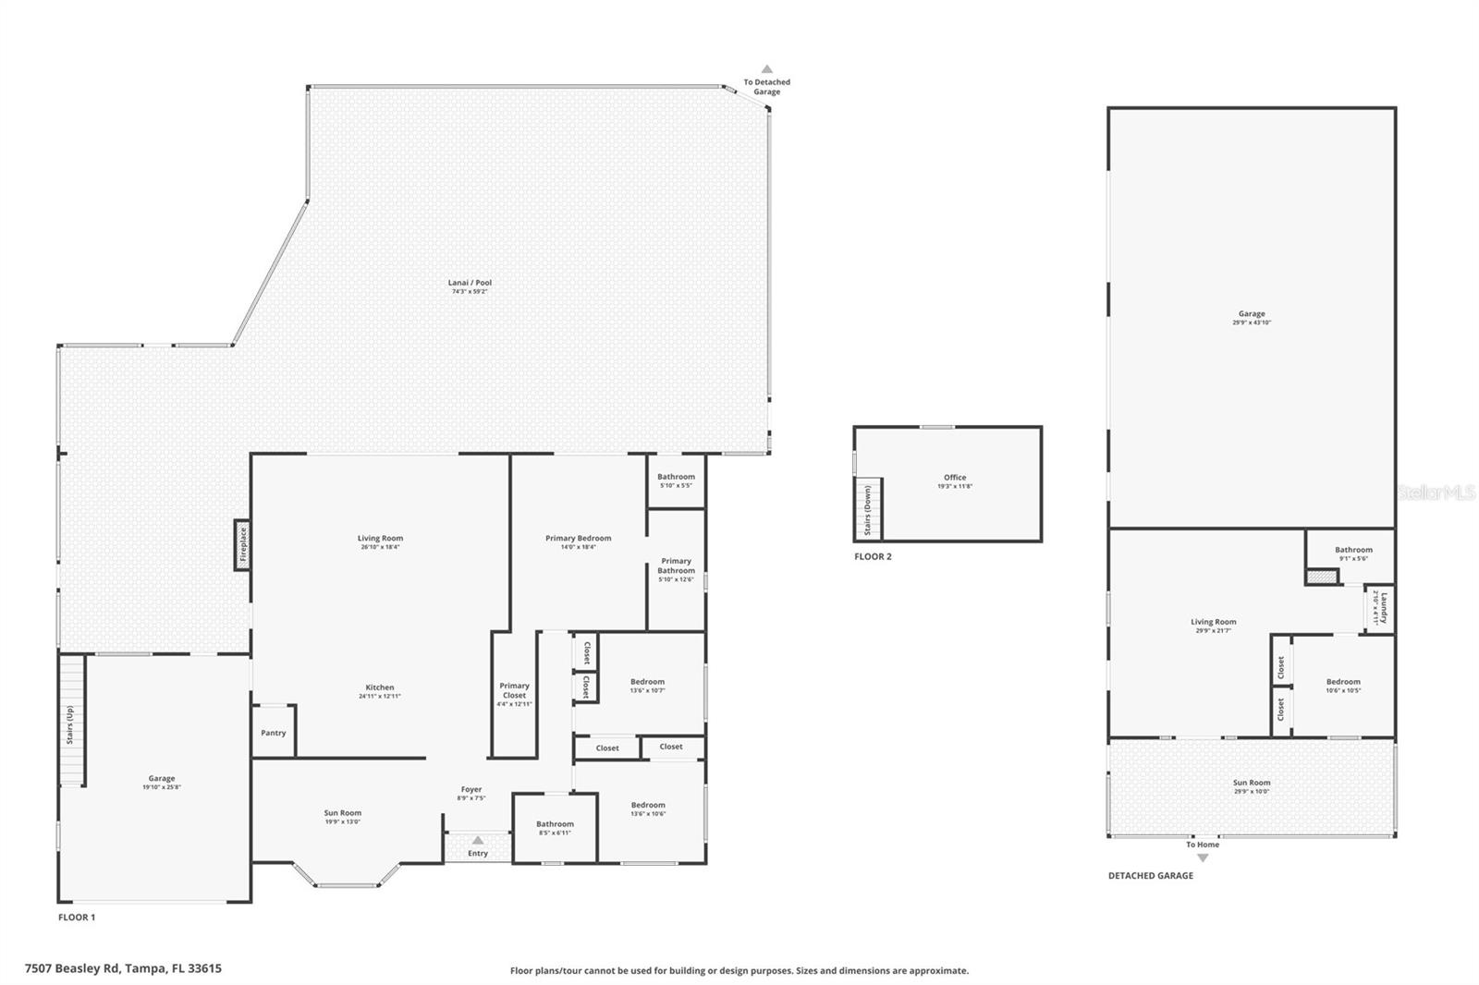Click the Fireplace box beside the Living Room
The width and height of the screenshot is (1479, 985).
[242, 544]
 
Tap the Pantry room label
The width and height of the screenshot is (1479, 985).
[274, 733]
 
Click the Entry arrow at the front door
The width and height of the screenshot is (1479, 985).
[478, 840]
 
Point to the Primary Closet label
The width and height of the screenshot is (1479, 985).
[514, 690]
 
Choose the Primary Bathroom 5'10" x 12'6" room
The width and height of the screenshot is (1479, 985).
[676, 569]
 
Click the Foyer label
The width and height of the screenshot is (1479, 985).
[471, 790]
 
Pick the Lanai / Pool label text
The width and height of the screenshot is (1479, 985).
[470, 283]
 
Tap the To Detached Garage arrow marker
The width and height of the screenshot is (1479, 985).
[766, 68]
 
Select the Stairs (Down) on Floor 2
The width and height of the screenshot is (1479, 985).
[869, 510]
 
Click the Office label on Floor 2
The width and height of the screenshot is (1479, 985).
[955, 478]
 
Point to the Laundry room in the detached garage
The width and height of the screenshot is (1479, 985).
[1380, 608]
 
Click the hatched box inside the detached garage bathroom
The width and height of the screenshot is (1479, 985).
[1322, 577]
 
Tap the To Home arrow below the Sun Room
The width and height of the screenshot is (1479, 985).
[1203, 857]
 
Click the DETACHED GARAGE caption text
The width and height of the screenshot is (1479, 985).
[1151, 875]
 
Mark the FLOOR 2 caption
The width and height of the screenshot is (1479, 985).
[873, 556]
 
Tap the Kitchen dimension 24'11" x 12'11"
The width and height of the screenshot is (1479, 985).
[379, 697]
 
